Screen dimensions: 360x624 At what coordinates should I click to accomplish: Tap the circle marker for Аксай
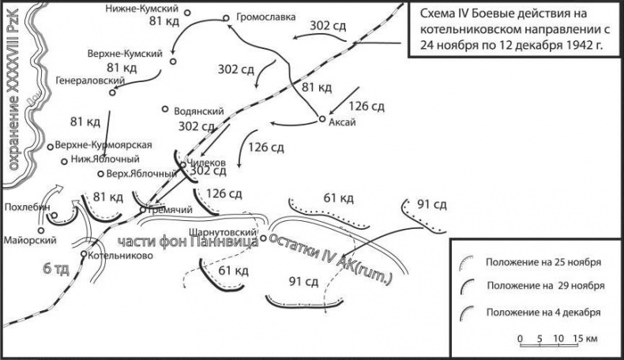tap(321, 119)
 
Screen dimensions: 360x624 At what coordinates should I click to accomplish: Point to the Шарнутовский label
tap(225, 234)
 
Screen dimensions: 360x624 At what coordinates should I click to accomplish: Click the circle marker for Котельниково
tap(84, 253)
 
